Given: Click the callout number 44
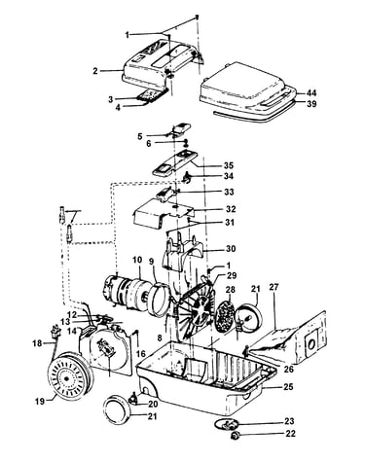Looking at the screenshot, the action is [311, 93].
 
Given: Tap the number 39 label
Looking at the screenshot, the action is [311, 104].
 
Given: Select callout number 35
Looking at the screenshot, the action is [229, 165].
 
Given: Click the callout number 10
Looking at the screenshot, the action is [137, 260].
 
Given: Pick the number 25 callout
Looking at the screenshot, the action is [288, 387].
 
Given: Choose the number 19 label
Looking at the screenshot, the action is [40, 402].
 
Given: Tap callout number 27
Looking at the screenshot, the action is [274, 287].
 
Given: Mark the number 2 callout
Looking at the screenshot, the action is [95, 71].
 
